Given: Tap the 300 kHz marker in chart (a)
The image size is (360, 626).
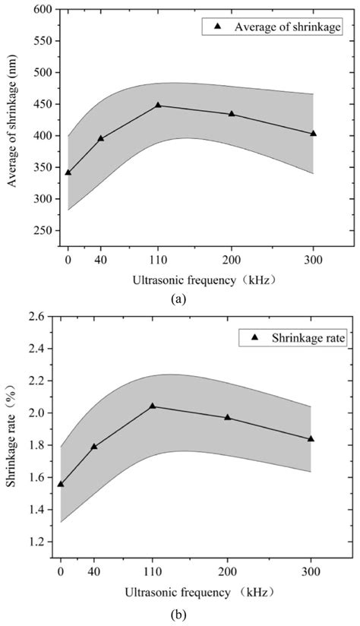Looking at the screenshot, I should pyautogui.click(x=313, y=133).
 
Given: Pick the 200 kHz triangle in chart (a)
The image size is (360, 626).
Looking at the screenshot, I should pyautogui.click(x=232, y=114).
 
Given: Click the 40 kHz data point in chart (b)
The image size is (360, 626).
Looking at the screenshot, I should pyautogui.click(x=94, y=446).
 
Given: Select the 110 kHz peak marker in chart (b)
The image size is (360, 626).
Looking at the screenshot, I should pyautogui.click(x=152, y=406).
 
